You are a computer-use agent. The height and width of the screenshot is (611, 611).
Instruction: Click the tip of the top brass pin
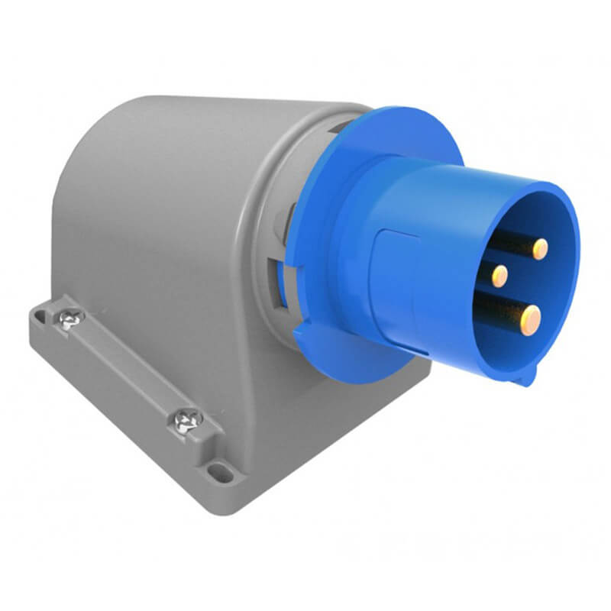click(x=540, y=248)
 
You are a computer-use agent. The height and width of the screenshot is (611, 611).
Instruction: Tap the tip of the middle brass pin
click(x=500, y=274)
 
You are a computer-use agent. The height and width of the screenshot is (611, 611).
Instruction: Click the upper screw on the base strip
click(x=70, y=318)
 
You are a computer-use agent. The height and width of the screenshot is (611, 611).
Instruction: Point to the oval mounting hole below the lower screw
click(x=221, y=472)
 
